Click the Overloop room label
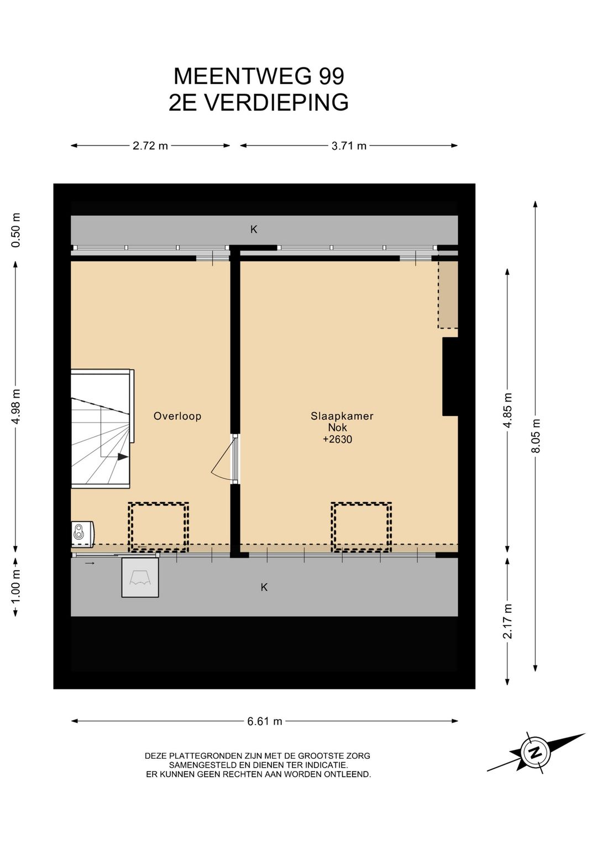(x=177, y=416)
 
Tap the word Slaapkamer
(x=342, y=416)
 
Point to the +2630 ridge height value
(x=338, y=439)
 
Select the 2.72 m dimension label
(x=150, y=146)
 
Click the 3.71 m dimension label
(x=349, y=146)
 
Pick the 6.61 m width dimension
(x=265, y=721)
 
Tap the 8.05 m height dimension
(x=536, y=436)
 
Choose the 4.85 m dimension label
(x=508, y=410)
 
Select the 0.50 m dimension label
(x=16, y=230)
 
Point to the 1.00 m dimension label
(x=16, y=587)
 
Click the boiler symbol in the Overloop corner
(x=82, y=534)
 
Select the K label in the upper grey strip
(x=254, y=229)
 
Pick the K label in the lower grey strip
(x=264, y=587)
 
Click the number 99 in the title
(x=332, y=76)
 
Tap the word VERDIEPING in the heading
(x=276, y=102)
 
